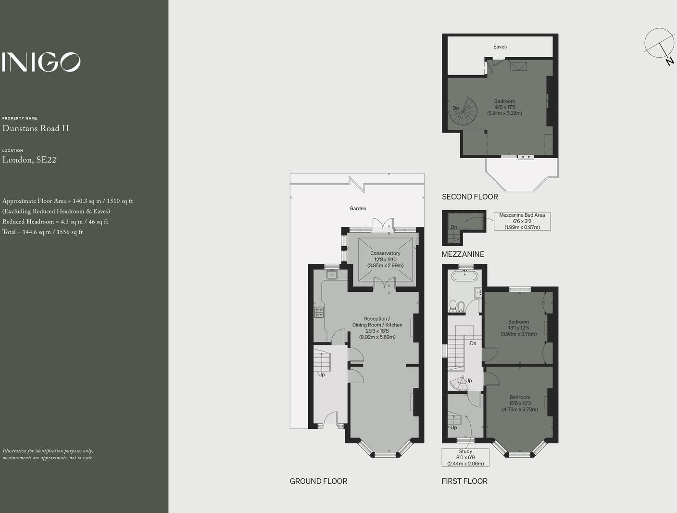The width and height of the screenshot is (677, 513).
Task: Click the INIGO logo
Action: click(x=41, y=62)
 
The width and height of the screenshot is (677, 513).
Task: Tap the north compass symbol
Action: click(x=659, y=44)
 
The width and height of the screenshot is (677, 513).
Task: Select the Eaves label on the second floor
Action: click(x=500, y=47)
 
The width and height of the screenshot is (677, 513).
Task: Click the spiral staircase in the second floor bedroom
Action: click(x=463, y=113)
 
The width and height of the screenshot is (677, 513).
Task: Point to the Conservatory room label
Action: click(x=385, y=259)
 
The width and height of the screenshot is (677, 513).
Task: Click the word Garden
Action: click(x=358, y=208)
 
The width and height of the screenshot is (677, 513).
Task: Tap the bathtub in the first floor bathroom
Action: click(x=464, y=276)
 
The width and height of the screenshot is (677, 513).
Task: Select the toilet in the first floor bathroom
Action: click(x=453, y=306)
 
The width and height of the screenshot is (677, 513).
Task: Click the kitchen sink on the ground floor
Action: click(x=332, y=275)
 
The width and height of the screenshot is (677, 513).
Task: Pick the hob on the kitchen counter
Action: click(x=319, y=312)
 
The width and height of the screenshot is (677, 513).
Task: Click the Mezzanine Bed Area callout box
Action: click(x=522, y=221)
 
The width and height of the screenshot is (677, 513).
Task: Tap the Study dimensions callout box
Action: click(x=465, y=458)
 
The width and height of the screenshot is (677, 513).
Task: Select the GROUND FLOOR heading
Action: click(x=318, y=481)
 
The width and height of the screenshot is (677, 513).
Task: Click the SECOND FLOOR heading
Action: click(x=470, y=197)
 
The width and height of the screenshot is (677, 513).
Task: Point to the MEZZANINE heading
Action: click(x=463, y=254)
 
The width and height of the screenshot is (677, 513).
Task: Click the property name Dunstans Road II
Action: click(x=36, y=128)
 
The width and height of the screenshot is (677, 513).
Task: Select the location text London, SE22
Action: click(x=29, y=160)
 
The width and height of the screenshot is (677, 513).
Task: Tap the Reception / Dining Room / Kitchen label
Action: click(x=377, y=328)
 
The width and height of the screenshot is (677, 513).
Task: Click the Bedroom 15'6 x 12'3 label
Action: click(x=520, y=403)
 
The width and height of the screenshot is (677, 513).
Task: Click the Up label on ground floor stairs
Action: click(x=321, y=375)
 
